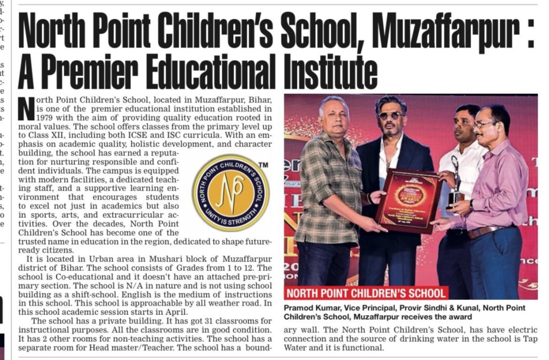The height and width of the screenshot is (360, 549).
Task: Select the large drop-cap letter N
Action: point(26,107)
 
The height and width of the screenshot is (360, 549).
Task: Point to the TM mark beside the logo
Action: point(263,165)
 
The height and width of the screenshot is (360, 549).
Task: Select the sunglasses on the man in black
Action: point(390,115)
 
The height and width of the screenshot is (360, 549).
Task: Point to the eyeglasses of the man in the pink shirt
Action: point(484,124)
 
